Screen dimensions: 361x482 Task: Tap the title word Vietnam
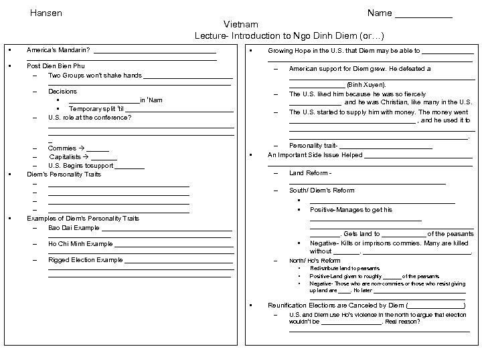240,23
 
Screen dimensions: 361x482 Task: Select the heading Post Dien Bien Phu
56,66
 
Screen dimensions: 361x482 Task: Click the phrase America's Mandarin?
58,49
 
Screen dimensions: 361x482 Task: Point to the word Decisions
62,91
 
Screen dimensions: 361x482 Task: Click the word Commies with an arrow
62,148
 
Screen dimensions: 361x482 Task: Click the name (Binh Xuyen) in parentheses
367,86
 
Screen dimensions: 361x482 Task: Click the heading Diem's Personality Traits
64,174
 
